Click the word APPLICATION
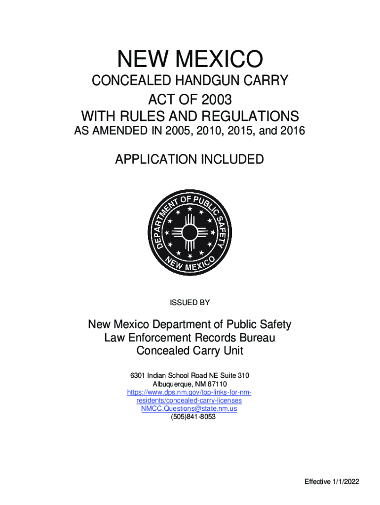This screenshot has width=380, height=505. click(153, 160)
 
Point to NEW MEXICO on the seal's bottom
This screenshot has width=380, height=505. click(190, 264)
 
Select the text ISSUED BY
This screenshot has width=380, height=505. click(190, 303)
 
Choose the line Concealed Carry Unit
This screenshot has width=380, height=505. click(190, 351)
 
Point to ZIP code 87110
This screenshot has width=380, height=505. click(217, 384)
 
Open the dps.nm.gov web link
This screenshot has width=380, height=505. click(190, 393)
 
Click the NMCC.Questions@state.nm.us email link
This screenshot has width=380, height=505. click(190, 409)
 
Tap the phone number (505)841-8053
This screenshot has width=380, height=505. click(190, 417)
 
